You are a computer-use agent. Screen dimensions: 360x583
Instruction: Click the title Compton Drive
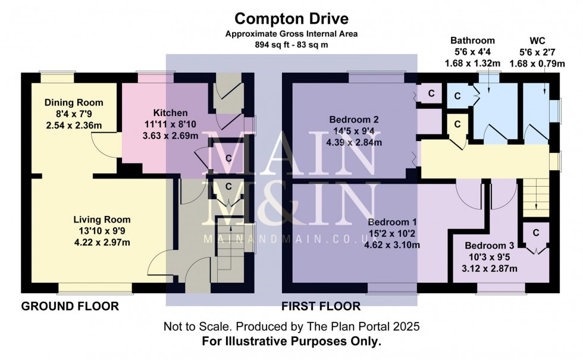(x=291, y=20)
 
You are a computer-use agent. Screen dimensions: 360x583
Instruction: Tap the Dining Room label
(x=74, y=102)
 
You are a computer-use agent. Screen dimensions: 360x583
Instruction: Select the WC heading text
(x=537, y=41)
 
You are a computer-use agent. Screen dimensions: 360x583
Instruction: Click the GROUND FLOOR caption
(x=70, y=306)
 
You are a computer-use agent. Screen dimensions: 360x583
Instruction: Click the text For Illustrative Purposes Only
(x=291, y=342)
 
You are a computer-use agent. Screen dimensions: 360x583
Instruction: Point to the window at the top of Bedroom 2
(x=368, y=76)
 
